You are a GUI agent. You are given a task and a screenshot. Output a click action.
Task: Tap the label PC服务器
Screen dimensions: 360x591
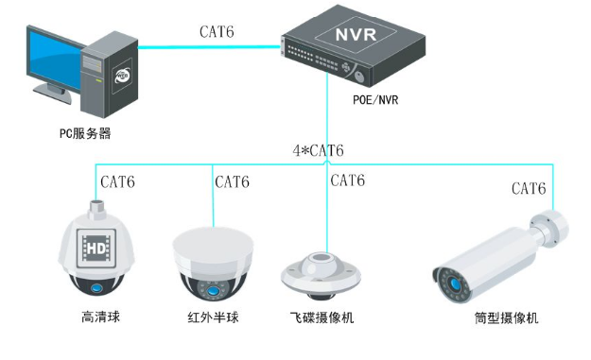point(84,133)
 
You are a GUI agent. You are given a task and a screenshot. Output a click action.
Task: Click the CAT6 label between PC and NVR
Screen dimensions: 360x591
point(216,31)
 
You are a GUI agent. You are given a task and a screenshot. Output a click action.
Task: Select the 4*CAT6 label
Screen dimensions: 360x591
point(318,151)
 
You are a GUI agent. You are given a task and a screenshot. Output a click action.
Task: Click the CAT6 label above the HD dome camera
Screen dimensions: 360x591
point(123,181)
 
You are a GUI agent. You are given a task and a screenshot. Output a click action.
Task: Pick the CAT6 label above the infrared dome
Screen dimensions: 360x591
point(232,181)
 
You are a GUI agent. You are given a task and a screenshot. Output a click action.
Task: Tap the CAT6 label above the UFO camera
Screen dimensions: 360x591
point(346,180)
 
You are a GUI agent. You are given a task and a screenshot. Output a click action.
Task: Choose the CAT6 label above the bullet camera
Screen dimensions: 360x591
point(529,188)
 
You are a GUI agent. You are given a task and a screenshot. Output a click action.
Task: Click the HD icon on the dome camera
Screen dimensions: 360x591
point(96,249)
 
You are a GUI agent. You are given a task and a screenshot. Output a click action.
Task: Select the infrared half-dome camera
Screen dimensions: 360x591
point(211,265)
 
